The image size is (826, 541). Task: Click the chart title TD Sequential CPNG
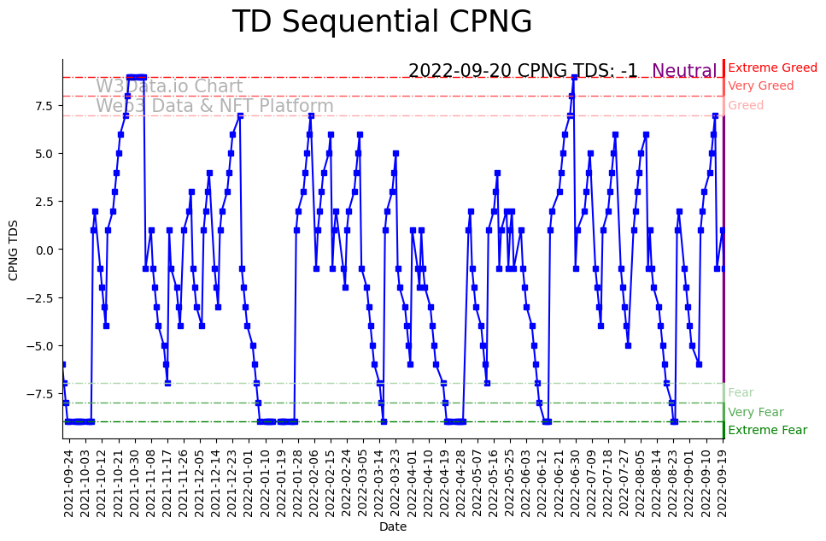click(x=382, y=22)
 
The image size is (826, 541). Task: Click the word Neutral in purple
click(x=684, y=71)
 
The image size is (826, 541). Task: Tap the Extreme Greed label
click(x=772, y=68)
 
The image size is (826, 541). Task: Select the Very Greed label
click(x=760, y=86)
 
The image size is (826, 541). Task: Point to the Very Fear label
click(x=755, y=412)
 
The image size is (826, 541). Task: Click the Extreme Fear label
click(x=767, y=430)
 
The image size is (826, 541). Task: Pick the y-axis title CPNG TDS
click(x=14, y=250)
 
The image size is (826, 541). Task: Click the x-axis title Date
click(x=393, y=526)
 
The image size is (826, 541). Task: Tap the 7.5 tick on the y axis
click(x=44, y=105)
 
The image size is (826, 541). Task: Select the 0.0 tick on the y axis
click(x=44, y=250)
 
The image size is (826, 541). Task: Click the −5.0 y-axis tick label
click(x=40, y=346)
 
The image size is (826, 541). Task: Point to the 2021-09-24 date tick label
click(x=69, y=483)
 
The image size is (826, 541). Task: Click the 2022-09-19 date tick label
click(x=723, y=483)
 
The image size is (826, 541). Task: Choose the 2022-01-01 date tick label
click(x=248, y=483)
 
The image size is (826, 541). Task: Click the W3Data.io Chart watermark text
click(x=169, y=86)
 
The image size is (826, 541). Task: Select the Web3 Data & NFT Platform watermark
click(x=214, y=106)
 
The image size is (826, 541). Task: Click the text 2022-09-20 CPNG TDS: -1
click(x=523, y=71)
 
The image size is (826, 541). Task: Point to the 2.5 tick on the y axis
click(x=44, y=202)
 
